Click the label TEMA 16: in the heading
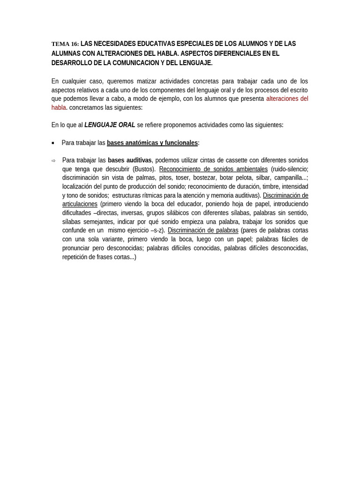[65, 44]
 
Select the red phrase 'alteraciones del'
[287, 99]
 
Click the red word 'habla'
[59, 108]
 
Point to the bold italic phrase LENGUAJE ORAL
[110, 125]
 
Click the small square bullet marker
[53, 143]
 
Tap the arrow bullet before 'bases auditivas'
[53, 161]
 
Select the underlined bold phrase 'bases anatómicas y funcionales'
[152, 143]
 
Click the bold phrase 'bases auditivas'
[130, 160]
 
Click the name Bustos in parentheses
[143, 169]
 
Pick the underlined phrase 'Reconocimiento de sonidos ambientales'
[213, 169]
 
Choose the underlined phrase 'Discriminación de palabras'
[203, 231]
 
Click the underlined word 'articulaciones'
[80, 204]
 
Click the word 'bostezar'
[204, 178]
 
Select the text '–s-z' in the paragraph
[157, 231]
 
